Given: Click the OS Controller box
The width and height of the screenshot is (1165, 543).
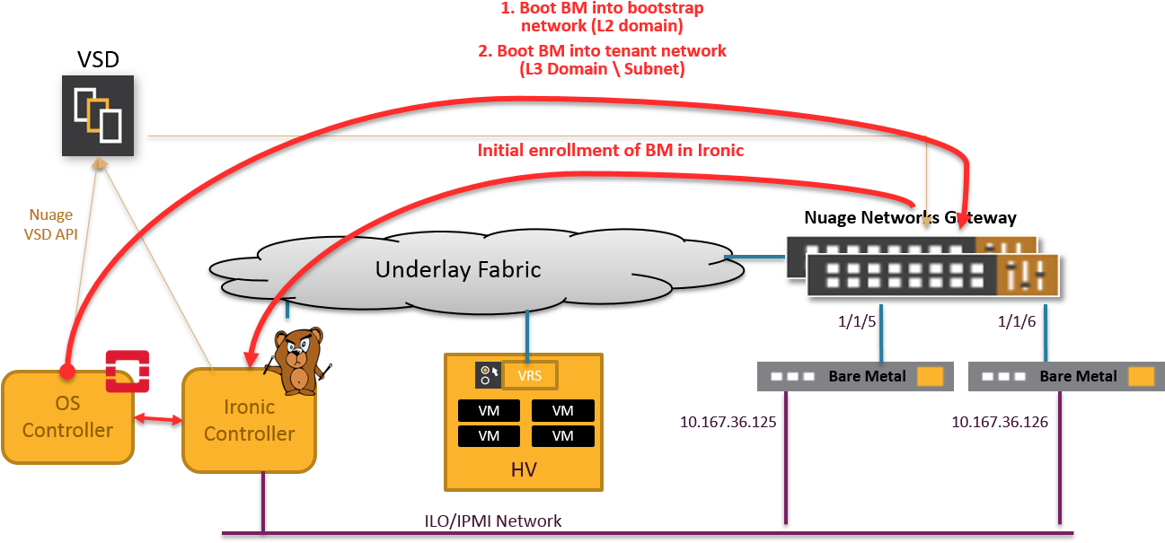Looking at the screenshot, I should click(67, 418).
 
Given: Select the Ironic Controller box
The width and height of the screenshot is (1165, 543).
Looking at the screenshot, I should click(249, 420).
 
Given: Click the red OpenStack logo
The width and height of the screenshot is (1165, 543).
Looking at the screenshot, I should click(128, 371).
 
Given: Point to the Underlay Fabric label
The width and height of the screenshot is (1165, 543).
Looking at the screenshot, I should click(458, 269).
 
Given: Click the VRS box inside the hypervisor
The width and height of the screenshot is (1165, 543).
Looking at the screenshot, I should click(530, 375).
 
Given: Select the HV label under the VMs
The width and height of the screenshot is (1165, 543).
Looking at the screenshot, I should click(523, 469).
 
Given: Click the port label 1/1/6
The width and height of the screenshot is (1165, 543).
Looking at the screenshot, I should click(1018, 320).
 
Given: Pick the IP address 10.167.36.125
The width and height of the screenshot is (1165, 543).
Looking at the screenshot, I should click(729, 422).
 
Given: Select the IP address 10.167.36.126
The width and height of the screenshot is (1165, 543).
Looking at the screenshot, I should click(1000, 422).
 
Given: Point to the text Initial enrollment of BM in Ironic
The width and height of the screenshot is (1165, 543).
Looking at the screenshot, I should click(611, 150).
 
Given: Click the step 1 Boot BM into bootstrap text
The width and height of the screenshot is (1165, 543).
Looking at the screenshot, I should click(602, 17).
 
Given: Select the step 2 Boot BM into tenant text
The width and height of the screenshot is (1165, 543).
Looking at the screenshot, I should click(602, 59).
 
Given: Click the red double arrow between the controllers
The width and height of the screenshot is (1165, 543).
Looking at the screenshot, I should click(158, 419).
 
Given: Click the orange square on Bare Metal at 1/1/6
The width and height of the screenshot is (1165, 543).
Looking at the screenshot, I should click(1141, 377).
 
